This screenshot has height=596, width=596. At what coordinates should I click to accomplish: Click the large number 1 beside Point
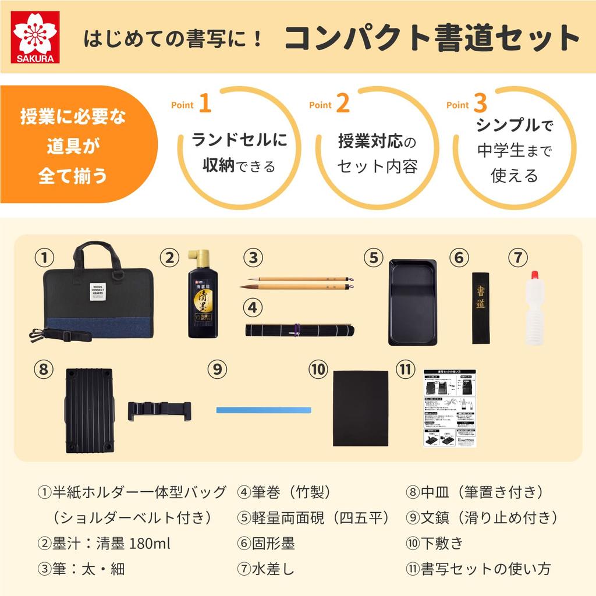(x=204, y=104)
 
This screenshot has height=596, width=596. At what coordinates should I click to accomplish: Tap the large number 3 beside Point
(x=480, y=104)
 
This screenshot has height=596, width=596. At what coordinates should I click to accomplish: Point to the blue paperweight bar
(x=263, y=410)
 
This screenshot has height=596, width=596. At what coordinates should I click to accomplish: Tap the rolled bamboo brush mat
(x=297, y=329)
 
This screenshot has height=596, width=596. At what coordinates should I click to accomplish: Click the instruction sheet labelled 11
(x=449, y=407)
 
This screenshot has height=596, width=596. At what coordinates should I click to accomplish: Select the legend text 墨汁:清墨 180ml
(x=104, y=544)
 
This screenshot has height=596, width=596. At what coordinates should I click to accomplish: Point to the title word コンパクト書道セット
(x=431, y=39)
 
